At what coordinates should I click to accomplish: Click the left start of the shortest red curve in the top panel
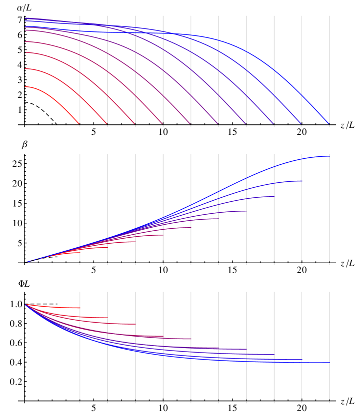pos(25,87)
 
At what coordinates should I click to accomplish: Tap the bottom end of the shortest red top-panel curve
pos(79,124)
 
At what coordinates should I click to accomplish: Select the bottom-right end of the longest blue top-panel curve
pos(329,124)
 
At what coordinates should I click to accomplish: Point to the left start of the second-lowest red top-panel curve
pos(25,69)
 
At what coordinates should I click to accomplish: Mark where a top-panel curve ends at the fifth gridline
pos(190,124)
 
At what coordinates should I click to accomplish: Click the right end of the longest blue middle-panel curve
pos(329,156)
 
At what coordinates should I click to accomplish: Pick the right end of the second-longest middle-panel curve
pos(302,181)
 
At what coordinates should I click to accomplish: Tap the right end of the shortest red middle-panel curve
pos(80,253)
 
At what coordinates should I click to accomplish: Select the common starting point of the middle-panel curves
pos(27,262)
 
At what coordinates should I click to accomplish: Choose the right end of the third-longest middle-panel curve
pos(274,196)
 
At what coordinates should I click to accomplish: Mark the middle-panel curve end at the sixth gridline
pos(218,219)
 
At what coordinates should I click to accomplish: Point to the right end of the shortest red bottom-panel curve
pos(80,308)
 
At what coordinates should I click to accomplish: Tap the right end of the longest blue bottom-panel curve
pos(329,363)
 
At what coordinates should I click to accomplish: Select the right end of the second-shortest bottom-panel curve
pos(107,318)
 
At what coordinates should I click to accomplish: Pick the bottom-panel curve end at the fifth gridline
pos(190,339)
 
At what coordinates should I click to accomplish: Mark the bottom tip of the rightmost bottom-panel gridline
pos(329,403)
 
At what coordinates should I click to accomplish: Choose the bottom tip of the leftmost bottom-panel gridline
pos(80,403)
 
